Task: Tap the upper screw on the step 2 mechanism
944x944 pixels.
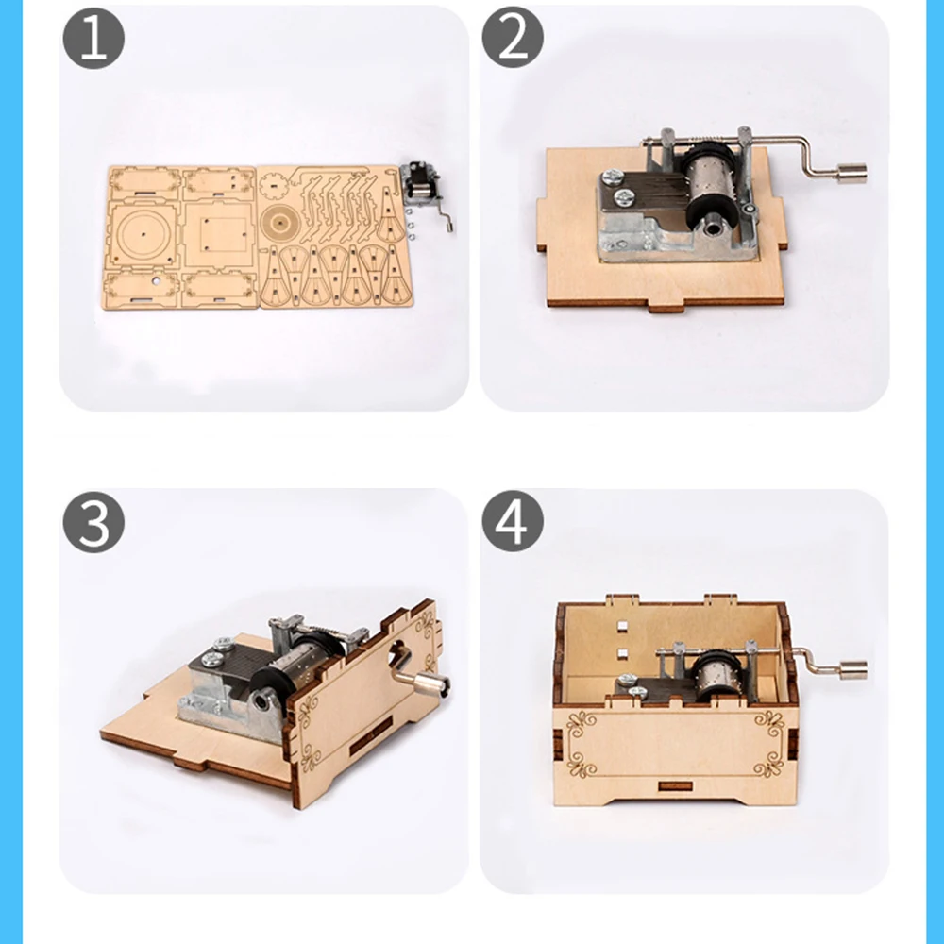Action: click(x=615, y=176)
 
